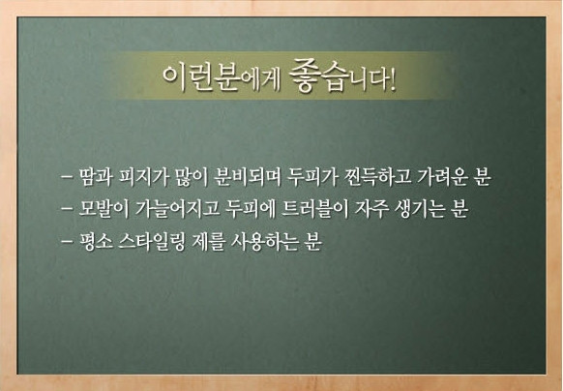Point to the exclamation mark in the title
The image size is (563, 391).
(x=392, y=79)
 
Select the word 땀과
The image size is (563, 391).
(x=96, y=177)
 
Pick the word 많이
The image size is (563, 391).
(x=193, y=177)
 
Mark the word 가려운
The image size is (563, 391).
(x=442, y=177)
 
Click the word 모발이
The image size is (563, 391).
(x=104, y=209)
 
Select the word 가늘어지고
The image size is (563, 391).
(x=177, y=209)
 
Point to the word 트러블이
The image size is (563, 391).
(x=315, y=209)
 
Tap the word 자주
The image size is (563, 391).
(x=371, y=209)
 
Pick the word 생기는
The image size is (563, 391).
(x=420, y=209)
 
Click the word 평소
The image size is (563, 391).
(x=96, y=242)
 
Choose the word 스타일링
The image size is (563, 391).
(x=152, y=242)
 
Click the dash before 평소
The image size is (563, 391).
(x=67, y=241)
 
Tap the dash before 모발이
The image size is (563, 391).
(x=67, y=208)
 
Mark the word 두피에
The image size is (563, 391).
(x=251, y=209)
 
